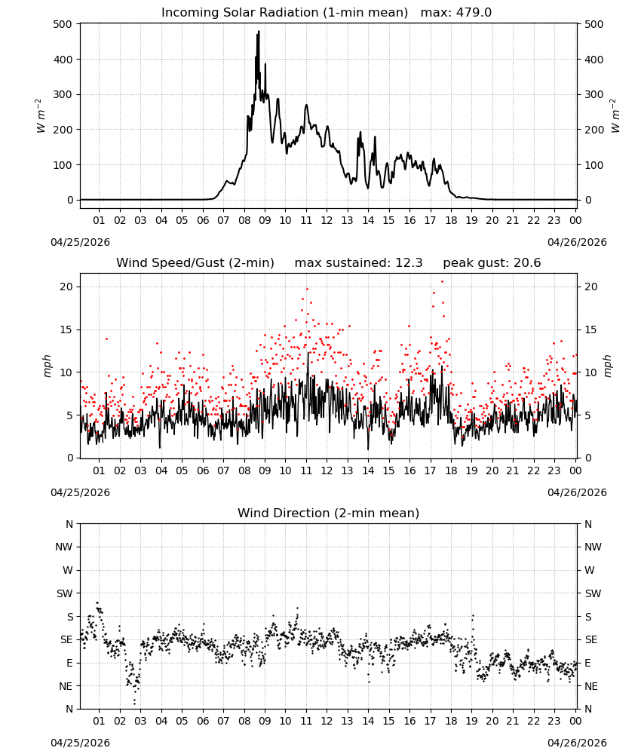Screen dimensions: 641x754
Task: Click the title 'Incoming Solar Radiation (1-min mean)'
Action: click(x=284, y=13)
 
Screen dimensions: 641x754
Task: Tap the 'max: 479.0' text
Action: click(x=456, y=13)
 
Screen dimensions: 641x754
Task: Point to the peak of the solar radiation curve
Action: click(x=259, y=31)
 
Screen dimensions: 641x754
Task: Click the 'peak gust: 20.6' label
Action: click(x=492, y=263)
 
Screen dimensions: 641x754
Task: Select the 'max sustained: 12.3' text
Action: click(x=358, y=263)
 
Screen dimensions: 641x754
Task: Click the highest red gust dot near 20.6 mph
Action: click(x=443, y=282)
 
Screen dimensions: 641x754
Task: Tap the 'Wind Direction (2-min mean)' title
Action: click(x=329, y=513)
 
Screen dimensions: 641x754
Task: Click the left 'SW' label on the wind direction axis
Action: click(x=65, y=593)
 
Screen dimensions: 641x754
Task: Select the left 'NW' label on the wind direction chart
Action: click(x=64, y=547)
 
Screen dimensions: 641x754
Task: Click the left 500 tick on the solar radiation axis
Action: click(x=63, y=24)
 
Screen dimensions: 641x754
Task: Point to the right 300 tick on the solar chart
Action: click(x=594, y=94)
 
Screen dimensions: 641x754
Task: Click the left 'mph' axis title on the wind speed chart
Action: click(x=47, y=366)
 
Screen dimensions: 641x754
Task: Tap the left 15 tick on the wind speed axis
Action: click(x=66, y=329)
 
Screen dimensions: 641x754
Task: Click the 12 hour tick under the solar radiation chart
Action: click(x=327, y=220)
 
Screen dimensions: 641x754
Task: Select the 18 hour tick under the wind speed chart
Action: click(x=451, y=470)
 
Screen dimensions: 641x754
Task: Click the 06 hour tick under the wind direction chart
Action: click(x=203, y=721)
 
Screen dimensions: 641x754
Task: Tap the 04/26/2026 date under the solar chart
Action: click(x=577, y=242)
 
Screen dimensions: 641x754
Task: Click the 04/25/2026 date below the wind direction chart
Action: click(x=80, y=743)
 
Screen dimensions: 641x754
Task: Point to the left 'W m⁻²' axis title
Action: click(x=41, y=116)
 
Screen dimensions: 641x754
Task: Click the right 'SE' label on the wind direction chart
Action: click(x=591, y=639)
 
